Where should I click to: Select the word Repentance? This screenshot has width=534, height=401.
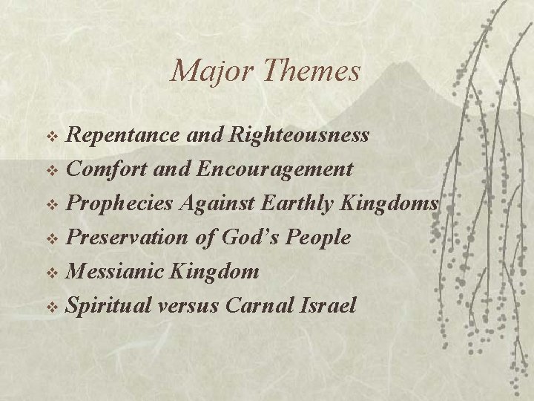pos(122,135)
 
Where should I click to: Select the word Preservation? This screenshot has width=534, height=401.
pos(128,238)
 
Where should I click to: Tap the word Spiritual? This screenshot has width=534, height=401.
pos(111,306)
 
